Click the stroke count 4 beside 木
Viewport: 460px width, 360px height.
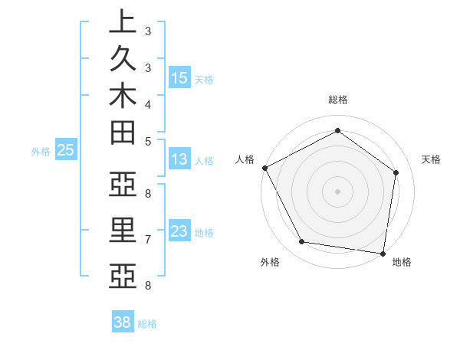tap(148, 103)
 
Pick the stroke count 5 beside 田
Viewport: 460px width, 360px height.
tap(148, 141)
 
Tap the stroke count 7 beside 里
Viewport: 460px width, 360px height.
tap(148, 240)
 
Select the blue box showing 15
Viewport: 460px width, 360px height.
tap(179, 77)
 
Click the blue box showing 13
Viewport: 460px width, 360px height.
tap(179, 160)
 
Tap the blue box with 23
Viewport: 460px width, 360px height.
tap(179, 231)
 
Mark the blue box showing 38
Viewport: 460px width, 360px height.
tap(123, 322)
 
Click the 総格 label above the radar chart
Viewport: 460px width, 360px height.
tap(338, 100)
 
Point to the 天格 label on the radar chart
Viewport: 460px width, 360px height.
tap(431, 159)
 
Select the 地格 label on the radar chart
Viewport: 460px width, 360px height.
tap(402, 262)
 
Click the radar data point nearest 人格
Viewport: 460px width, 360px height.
tap(264, 168)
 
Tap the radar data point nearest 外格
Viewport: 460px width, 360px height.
tap(301, 242)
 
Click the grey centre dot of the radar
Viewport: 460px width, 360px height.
tap(337, 191)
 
